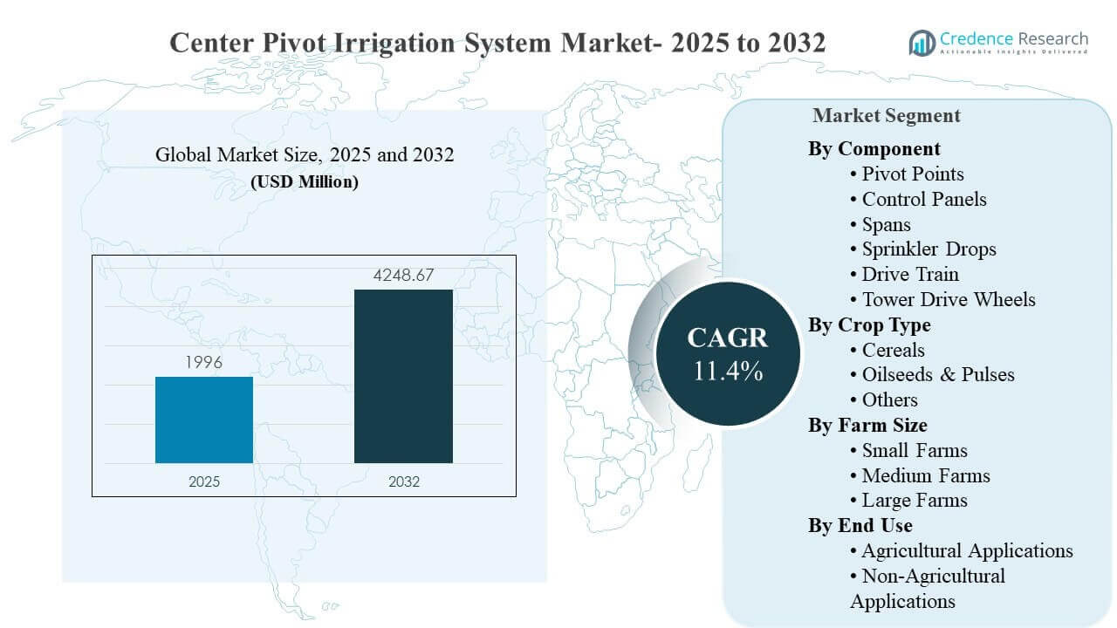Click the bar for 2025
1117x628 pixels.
pos(204,420)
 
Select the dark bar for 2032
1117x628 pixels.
pos(403,376)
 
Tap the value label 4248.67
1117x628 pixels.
pos(403,276)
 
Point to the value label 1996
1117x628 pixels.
pos(204,362)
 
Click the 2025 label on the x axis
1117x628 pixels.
pos(204,481)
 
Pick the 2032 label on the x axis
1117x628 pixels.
pos(403,481)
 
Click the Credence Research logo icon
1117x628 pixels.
pos(922,42)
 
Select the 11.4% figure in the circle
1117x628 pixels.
pos(728,371)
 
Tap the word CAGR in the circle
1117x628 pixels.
pos(728,338)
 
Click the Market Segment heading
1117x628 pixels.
pos(886,115)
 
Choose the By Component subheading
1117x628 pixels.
pos(874,148)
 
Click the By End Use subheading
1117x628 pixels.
pos(860,525)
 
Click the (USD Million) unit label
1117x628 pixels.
pos(304,182)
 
